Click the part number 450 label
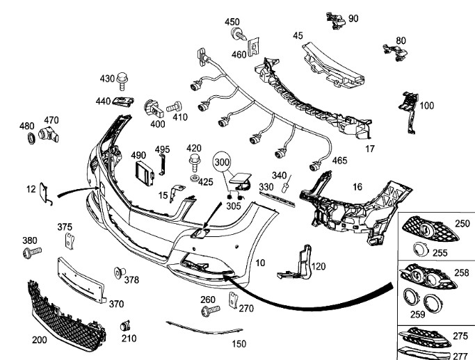point(232,22)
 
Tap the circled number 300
point(222,161)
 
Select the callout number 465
point(339,161)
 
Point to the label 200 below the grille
point(40,341)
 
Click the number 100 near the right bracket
point(426,106)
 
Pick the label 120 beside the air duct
point(318,267)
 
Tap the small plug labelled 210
point(125,326)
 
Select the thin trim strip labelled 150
point(198,330)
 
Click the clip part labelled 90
point(336,21)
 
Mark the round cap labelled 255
point(420,250)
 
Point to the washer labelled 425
point(193,180)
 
